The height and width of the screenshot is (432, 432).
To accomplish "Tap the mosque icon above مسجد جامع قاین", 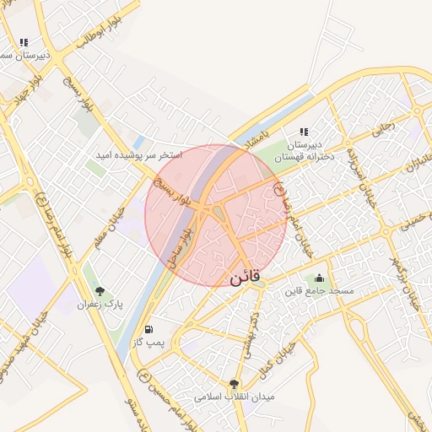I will (x=319, y=278).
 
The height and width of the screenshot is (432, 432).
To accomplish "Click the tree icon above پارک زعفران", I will (x=100, y=292).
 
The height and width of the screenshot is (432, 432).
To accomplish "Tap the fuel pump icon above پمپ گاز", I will (x=149, y=329).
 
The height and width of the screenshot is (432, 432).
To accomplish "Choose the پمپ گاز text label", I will (x=148, y=342).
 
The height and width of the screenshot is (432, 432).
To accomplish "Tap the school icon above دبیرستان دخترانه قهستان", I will (x=303, y=132).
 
